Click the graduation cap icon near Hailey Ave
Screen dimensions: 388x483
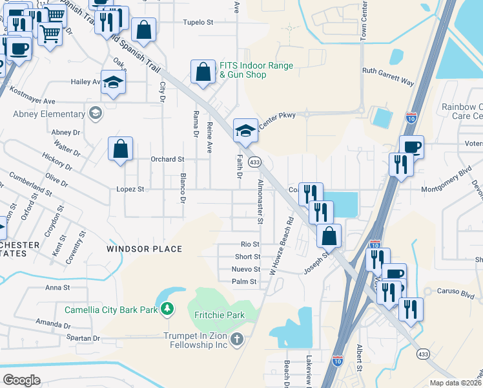[113, 82]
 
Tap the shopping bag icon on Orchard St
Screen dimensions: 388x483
[121, 149]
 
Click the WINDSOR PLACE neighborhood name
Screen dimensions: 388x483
[144, 249]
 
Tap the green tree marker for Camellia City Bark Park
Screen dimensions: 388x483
[167, 310]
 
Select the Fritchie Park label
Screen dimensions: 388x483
[220, 315]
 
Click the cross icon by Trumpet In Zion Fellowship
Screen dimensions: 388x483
[237, 339]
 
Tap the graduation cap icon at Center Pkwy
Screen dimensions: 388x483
[245, 130]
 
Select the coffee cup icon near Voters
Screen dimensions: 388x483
[411, 147]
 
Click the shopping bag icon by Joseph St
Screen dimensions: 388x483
[329, 236]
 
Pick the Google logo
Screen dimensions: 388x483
[21, 380]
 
